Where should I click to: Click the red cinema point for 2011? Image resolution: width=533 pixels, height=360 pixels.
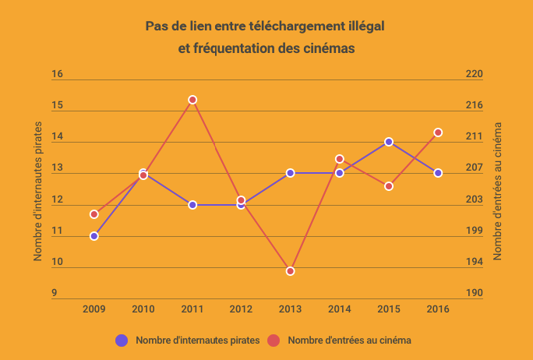pyautogui.click(x=192, y=100)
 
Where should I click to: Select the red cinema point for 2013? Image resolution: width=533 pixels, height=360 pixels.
pyautogui.click(x=291, y=271)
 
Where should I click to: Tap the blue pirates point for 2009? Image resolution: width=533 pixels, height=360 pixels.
pyautogui.click(x=94, y=236)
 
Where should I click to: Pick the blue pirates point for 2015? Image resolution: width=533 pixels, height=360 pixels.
pyautogui.click(x=389, y=142)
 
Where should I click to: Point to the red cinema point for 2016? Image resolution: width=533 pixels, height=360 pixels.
pyautogui.click(x=438, y=132)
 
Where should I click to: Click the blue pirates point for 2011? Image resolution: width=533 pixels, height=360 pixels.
pyautogui.click(x=192, y=205)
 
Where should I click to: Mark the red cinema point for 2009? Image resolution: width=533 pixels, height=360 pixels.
pyautogui.click(x=94, y=214)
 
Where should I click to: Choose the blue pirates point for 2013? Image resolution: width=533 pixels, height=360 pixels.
pyautogui.click(x=291, y=173)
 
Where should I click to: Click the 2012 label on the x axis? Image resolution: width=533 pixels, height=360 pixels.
pyautogui.click(x=241, y=309)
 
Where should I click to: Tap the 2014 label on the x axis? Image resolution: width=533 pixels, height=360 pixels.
pyautogui.click(x=340, y=309)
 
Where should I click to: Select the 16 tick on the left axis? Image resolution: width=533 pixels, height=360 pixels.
pyautogui.click(x=57, y=75)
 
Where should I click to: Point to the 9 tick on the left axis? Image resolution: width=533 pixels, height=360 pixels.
pyautogui.click(x=55, y=294)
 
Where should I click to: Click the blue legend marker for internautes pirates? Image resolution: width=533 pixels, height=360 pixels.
pyautogui.click(x=122, y=341)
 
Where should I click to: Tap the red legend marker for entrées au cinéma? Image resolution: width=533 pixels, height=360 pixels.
pyautogui.click(x=274, y=341)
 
